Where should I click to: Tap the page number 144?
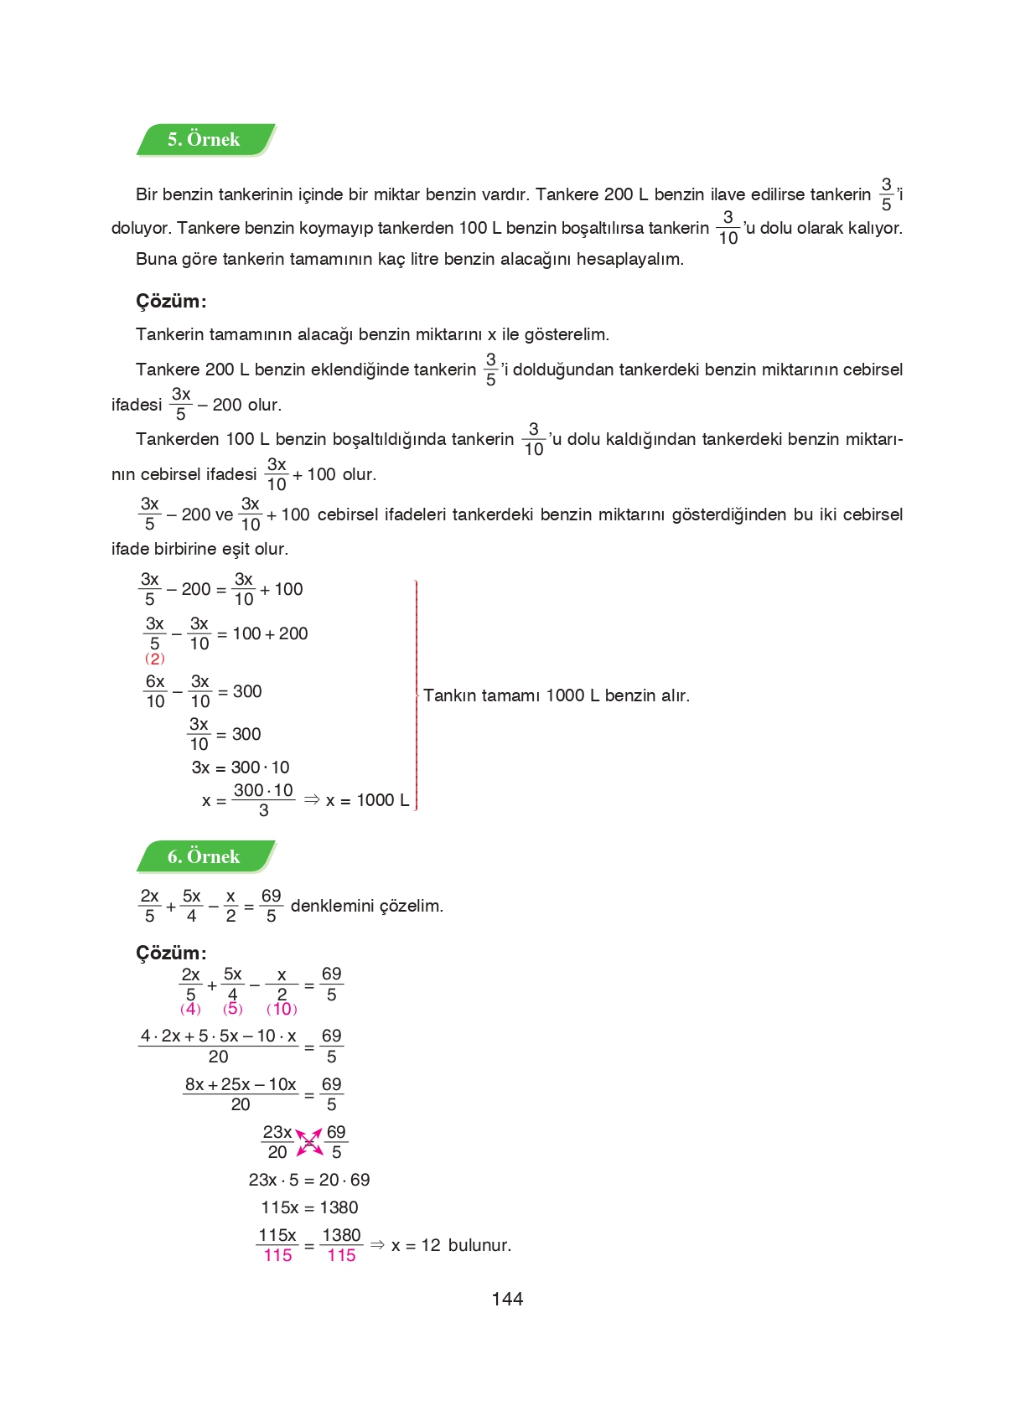click(507, 1299)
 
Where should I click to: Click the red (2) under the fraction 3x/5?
click(155, 659)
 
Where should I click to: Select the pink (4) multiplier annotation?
click(190, 1009)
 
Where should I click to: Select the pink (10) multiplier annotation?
click(282, 1009)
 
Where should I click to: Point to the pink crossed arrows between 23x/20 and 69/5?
click(309, 1142)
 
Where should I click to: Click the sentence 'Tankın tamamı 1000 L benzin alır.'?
click(557, 695)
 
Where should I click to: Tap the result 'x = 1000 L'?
click(367, 800)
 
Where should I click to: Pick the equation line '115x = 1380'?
click(309, 1207)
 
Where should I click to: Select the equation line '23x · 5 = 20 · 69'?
click(309, 1180)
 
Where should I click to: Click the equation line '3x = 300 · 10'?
click(241, 768)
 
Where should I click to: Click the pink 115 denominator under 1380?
click(341, 1255)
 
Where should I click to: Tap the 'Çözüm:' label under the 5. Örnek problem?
click(171, 302)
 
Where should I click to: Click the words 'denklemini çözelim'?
click(366, 906)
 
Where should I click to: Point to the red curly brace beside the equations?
click(416, 695)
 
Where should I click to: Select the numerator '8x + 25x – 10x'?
click(241, 1084)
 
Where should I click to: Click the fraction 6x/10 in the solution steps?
click(156, 691)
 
